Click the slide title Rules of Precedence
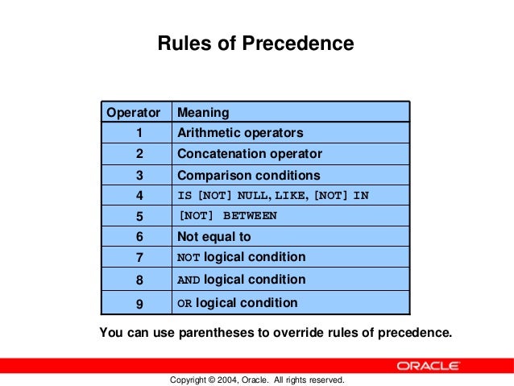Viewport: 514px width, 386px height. click(x=255, y=44)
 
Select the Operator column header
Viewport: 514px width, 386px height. click(x=134, y=112)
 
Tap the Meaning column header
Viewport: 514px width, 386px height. click(x=203, y=112)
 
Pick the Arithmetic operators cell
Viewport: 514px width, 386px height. click(x=240, y=133)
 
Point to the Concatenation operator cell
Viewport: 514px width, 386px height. click(x=249, y=154)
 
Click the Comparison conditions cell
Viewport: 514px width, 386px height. click(x=248, y=175)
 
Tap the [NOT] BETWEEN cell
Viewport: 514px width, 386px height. click(x=227, y=216)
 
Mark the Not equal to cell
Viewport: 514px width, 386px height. click(x=213, y=237)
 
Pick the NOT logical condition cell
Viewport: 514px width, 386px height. click(x=241, y=257)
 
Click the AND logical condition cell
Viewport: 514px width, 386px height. click(x=241, y=280)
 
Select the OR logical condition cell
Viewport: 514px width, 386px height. click(x=237, y=303)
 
